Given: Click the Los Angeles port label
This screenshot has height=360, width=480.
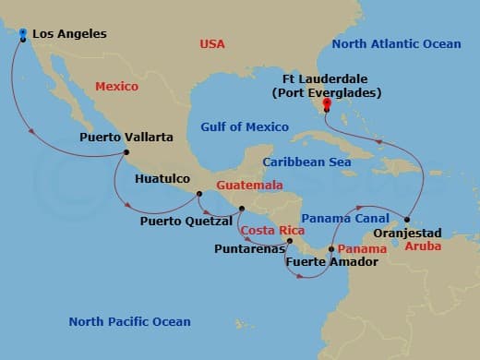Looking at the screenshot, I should point(69,34).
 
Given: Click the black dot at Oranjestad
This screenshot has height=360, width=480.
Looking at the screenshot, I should point(407,220).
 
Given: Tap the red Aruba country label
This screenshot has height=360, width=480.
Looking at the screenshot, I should point(419,247).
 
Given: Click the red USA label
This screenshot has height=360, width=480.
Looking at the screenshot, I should point(213,44).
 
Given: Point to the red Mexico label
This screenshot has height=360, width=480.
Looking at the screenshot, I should point(116,86).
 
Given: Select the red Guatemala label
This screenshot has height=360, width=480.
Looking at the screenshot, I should point(248,186).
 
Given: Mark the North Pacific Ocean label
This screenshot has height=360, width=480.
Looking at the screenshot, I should point(129,321).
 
